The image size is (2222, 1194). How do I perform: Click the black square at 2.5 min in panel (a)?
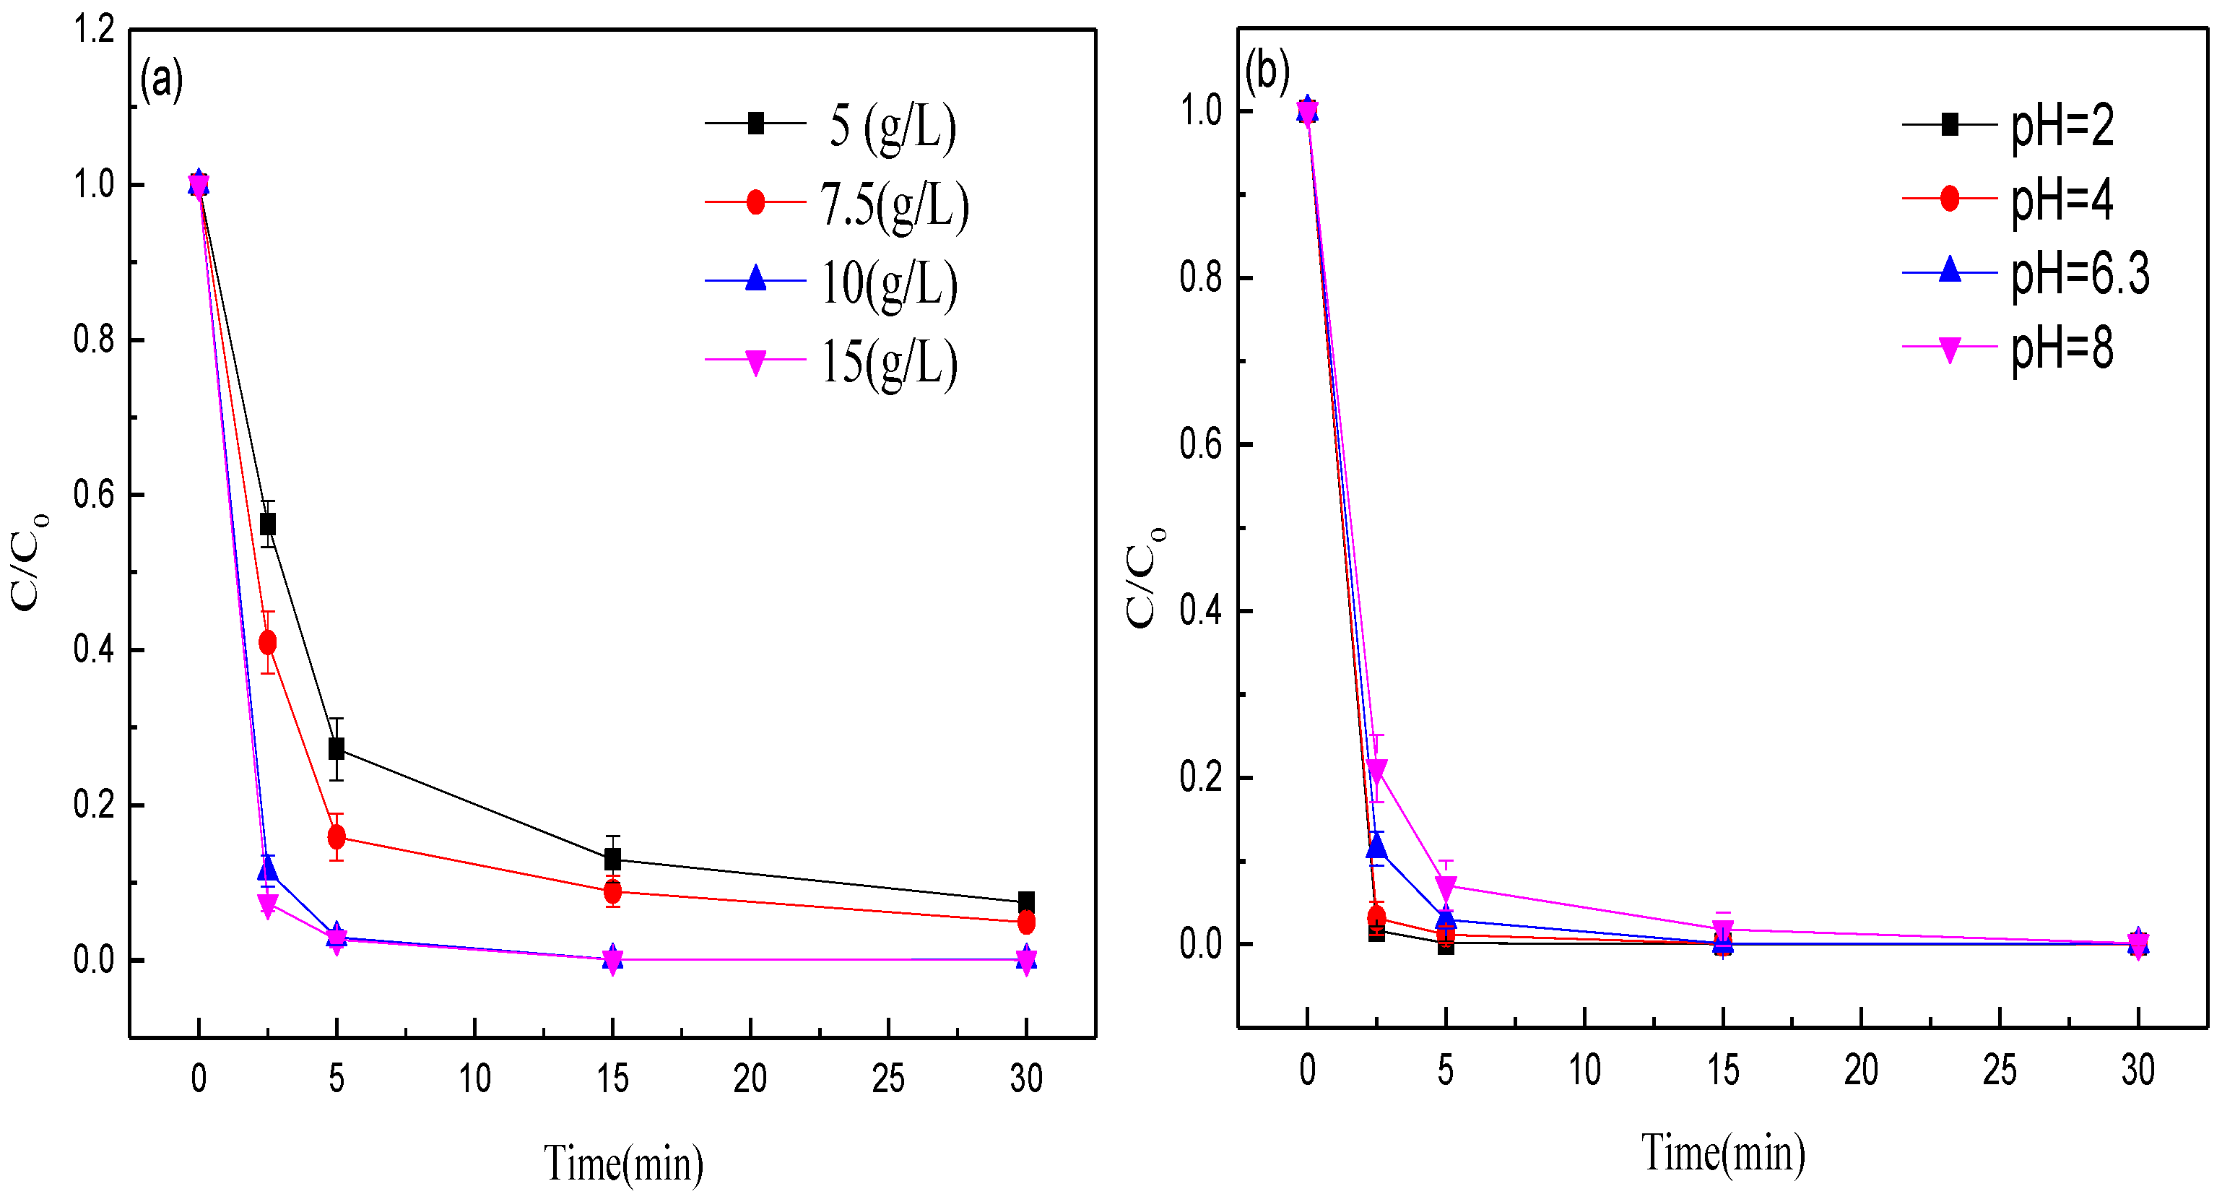click(x=267, y=524)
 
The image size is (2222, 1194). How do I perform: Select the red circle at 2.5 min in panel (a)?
click(x=267, y=642)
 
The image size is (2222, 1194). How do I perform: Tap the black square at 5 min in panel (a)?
click(x=337, y=748)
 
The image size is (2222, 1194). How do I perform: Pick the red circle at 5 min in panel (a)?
click(x=337, y=836)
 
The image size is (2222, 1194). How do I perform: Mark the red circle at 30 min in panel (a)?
click(x=1025, y=922)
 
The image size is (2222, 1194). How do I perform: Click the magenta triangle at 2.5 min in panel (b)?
click(x=1376, y=769)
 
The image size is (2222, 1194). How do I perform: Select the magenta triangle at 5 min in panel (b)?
click(x=1446, y=886)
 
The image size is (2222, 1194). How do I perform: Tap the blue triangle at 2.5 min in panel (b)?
click(x=1376, y=847)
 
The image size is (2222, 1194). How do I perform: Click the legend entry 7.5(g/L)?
click(x=893, y=204)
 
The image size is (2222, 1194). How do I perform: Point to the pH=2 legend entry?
click(x=2062, y=125)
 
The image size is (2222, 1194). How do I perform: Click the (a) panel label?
click(x=161, y=79)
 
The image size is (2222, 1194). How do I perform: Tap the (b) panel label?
click(x=1267, y=70)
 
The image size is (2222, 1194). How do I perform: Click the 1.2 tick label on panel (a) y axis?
click(x=94, y=30)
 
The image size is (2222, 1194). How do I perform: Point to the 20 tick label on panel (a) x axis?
click(x=750, y=1078)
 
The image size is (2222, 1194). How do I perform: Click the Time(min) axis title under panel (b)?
click(x=1722, y=1153)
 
